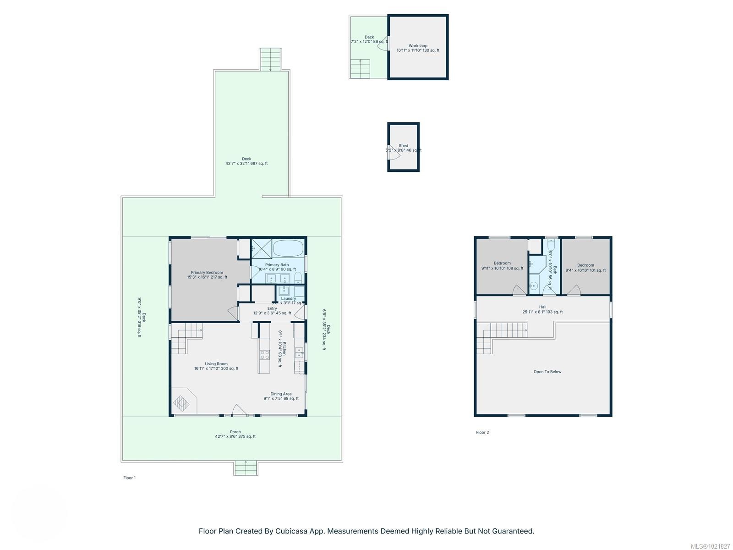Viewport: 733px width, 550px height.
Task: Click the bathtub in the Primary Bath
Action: (x=288, y=248)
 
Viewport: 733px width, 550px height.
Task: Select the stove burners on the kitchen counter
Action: (x=264, y=354)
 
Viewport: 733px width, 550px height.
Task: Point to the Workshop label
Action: (x=418, y=46)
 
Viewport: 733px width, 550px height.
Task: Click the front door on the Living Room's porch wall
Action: (x=239, y=411)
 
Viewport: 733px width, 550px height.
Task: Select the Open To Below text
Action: (x=547, y=372)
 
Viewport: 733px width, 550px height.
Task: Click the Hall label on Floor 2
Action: (x=542, y=307)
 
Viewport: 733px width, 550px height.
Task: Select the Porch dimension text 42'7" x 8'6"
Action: (x=235, y=436)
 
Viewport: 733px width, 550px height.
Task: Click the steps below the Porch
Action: (x=246, y=468)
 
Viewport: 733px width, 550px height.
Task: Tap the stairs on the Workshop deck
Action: (x=361, y=69)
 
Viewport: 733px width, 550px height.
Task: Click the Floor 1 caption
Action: (x=129, y=478)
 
